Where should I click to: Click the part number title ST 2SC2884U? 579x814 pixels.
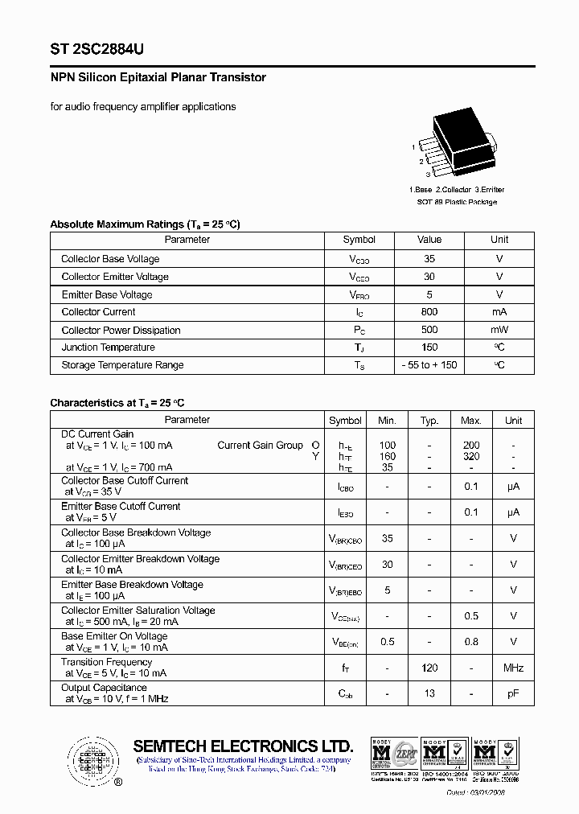(97, 49)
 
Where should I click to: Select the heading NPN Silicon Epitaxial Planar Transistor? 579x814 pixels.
(158, 78)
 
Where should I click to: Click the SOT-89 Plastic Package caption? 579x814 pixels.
(456, 202)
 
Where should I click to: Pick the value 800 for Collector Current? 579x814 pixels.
(429, 312)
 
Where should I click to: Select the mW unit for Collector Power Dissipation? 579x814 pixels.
(499, 330)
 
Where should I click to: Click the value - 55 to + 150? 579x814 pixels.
(429, 365)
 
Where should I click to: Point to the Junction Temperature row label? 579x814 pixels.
(109, 347)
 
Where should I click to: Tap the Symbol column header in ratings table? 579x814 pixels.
(359, 240)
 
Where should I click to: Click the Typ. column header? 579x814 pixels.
(429, 421)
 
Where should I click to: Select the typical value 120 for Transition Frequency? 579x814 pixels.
(429, 668)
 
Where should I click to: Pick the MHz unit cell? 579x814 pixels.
(513, 668)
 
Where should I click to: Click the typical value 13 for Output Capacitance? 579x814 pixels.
(429, 693)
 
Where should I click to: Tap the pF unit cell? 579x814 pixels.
(513, 693)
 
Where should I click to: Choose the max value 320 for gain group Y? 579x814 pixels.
(471, 456)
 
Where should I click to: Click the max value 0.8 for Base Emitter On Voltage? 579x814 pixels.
(471, 642)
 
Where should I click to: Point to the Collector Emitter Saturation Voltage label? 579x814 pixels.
(138, 610)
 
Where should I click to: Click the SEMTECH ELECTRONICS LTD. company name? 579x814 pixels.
(243, 746)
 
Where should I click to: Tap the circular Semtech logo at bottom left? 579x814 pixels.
(92, 760)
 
